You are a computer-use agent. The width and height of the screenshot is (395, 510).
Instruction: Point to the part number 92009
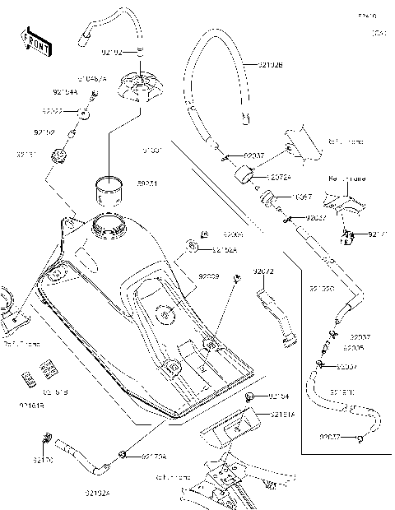208,277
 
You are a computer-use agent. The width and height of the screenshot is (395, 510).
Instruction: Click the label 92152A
225,249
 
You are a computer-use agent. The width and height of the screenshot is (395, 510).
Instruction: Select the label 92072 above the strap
263,271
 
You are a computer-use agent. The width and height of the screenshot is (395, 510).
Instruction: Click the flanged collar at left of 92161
58,154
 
